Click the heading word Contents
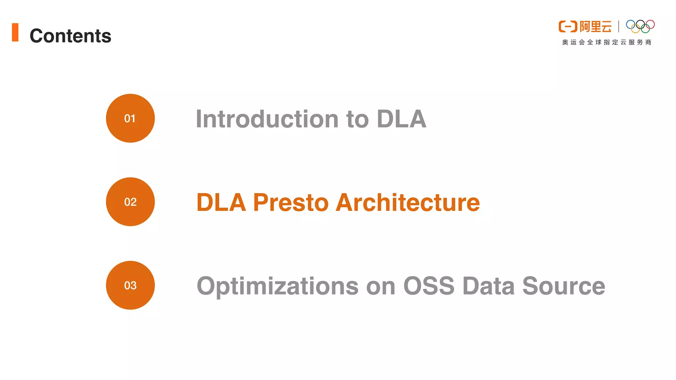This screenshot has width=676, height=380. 70,36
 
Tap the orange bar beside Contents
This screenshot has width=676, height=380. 15,32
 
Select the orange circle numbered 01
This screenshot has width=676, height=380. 130,118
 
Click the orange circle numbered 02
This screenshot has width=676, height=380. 130,202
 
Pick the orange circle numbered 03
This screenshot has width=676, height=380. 130,285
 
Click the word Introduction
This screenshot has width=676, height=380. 267,119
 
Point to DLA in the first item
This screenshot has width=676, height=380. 401,119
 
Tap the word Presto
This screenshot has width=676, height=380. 290,202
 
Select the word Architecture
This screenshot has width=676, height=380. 408,202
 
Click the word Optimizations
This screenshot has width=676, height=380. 277,286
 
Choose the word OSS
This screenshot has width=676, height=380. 429,286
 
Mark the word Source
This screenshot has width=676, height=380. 563,286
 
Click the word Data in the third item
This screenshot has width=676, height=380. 489,286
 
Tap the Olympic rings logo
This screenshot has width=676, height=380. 640,26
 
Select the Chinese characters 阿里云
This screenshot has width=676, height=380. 595,26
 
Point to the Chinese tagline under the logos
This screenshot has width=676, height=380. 607,42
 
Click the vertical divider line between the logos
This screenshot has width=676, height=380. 619,26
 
